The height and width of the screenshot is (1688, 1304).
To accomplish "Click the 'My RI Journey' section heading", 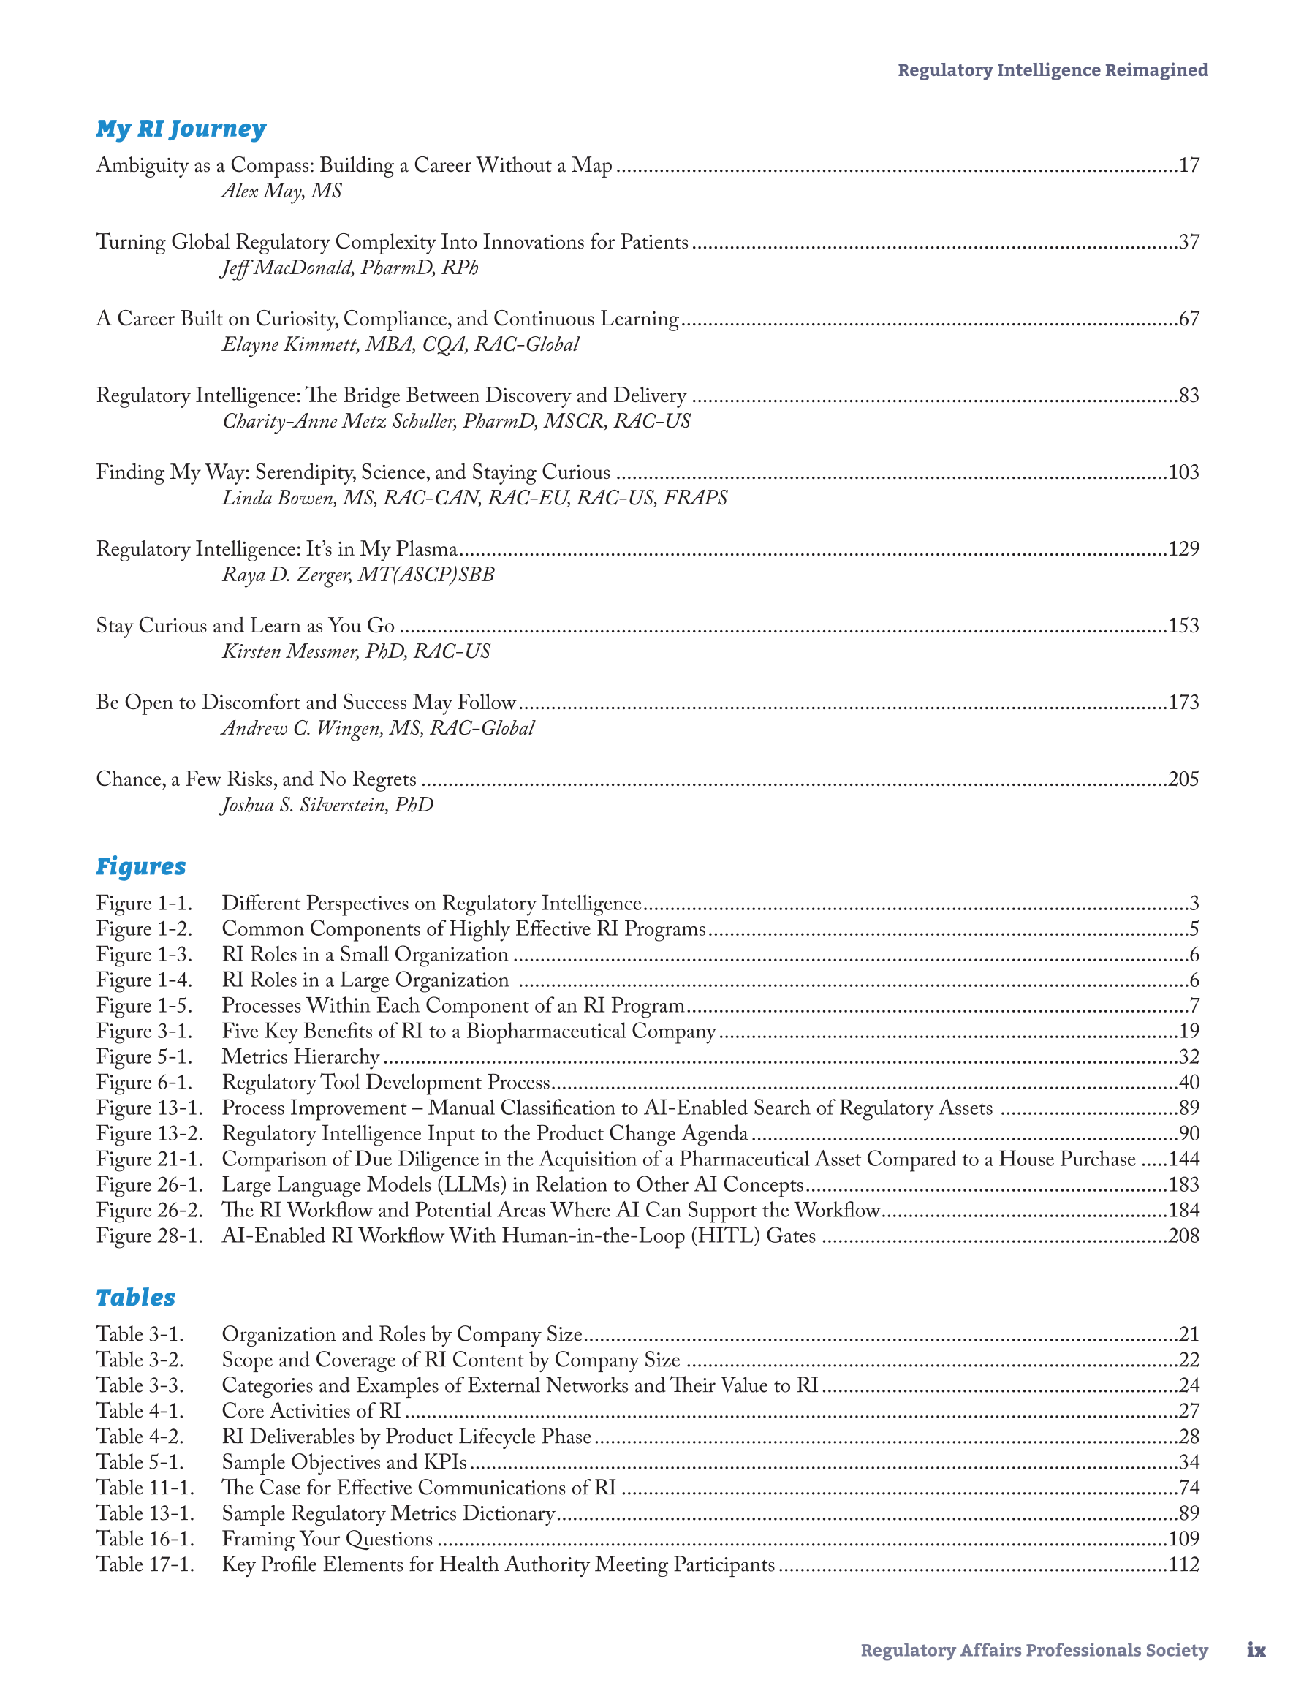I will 181,129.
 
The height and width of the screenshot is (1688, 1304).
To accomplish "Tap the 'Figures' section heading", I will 140,866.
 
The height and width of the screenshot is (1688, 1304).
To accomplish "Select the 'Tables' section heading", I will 135,1298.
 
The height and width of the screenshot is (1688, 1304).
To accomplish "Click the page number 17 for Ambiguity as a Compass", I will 1189,165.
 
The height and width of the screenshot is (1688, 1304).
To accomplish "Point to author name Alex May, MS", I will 281,191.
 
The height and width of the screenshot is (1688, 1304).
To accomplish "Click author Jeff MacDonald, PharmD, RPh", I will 349,268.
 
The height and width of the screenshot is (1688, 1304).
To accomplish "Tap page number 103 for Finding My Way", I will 1183,472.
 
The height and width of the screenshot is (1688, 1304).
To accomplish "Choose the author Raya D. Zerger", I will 358,575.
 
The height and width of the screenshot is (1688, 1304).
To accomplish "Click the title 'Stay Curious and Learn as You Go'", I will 245,625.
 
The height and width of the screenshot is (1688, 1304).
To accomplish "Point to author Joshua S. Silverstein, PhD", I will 327,805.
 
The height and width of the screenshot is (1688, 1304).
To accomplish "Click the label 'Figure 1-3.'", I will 144,955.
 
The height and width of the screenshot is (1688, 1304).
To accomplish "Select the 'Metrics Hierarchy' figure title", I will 300,1056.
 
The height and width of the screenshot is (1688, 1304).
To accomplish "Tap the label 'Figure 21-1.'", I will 149,1159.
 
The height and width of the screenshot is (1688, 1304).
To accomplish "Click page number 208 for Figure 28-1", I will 1183,1236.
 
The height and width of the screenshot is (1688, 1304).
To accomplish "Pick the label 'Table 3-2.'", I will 140,1360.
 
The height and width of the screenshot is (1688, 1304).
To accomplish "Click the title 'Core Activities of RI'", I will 311,1410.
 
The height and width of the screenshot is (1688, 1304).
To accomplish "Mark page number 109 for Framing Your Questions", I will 1183,1539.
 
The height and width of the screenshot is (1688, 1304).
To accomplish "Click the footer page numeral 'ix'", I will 1256,1650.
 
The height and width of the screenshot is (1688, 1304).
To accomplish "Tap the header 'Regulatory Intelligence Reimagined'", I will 1052,70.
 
